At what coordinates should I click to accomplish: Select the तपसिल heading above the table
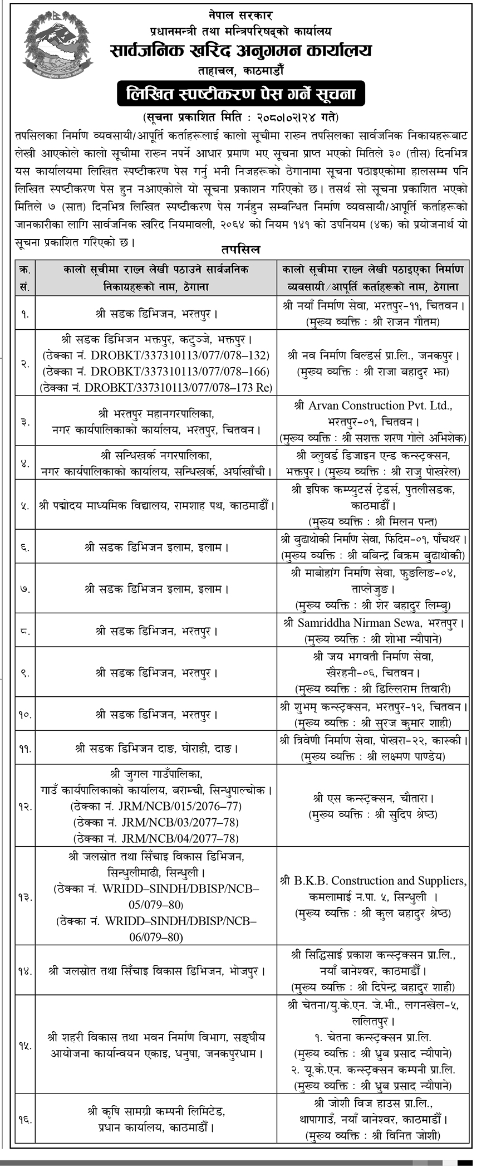click(x=240, y=249)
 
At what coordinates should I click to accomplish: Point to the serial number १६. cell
click(x=25, y=1118)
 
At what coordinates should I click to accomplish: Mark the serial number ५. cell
click(x=25, y=506)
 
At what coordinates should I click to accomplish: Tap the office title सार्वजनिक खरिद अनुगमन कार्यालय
click(x=240, y=51)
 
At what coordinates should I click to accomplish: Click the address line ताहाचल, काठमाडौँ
click(x=240, y=71)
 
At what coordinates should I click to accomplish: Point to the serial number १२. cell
click(x=25, y=806)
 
